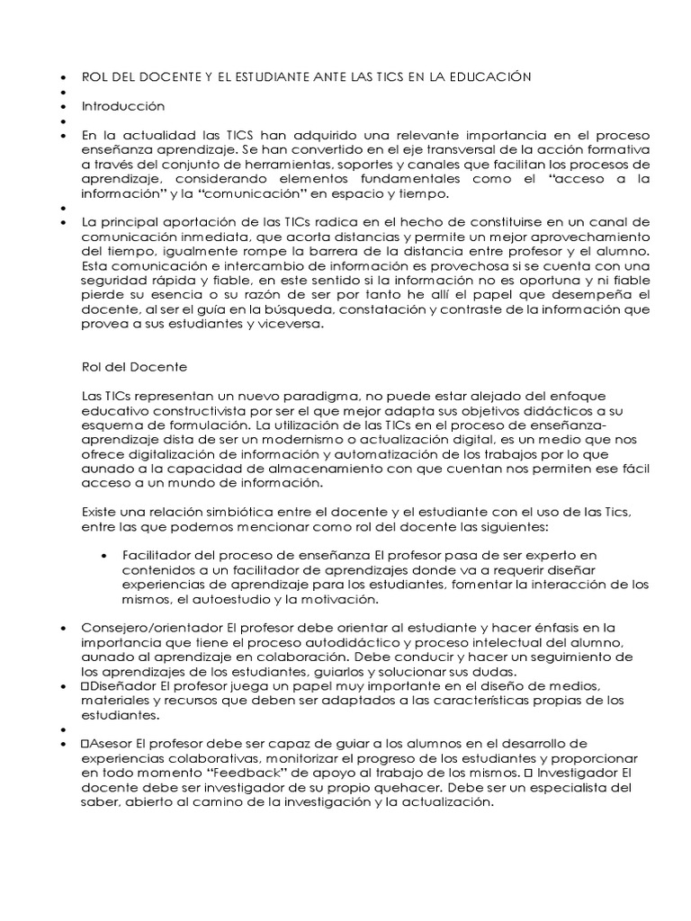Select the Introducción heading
(123, 106)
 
